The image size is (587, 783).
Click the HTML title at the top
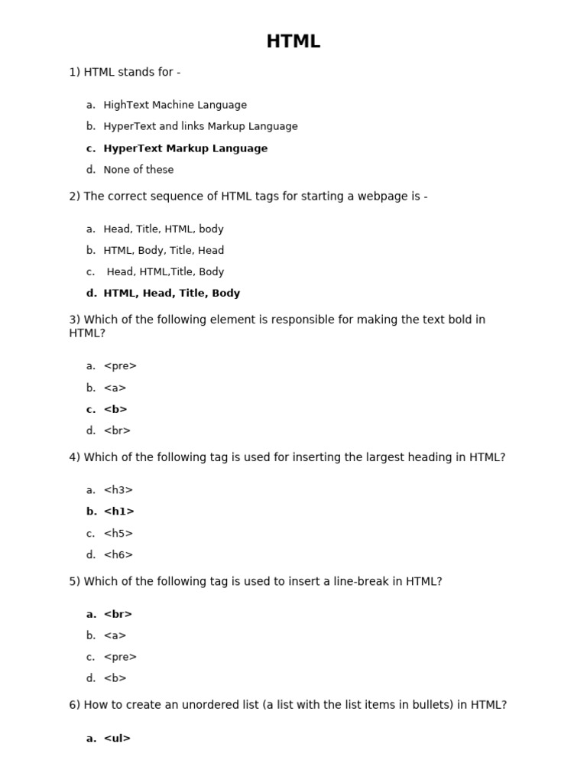[293, 42]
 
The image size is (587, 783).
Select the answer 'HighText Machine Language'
[175, 105]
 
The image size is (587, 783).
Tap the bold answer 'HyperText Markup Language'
[185, 148]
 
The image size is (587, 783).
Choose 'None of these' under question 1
[138, 170]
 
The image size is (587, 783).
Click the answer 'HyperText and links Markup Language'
[200, 126]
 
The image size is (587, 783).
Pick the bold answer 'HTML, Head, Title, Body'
[171, 293]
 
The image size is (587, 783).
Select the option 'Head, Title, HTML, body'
[164, 229]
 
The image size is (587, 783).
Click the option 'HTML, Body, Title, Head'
[164, 250]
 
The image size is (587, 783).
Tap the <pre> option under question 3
[120, 366]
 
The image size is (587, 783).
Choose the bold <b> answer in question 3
[115, 409]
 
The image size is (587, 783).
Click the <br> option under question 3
[117, 430]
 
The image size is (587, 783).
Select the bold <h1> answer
[118, 512]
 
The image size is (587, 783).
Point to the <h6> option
[118, 555]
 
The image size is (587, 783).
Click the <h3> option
[118, 490]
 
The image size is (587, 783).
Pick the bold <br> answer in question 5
[118, 614]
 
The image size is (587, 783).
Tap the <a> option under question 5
[115, 635]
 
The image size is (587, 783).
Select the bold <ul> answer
[117, 739]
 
